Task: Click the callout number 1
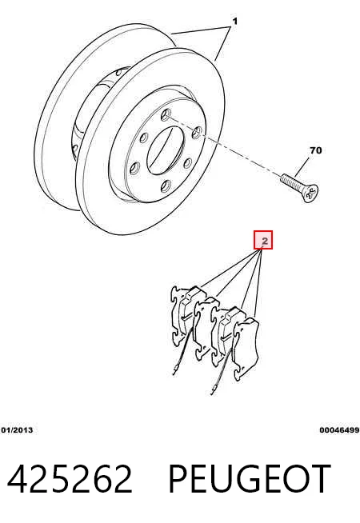235,22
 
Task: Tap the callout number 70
316,150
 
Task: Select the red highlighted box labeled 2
263,240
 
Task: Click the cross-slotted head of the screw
310,194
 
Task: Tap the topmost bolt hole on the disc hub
166,114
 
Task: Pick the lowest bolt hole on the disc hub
166,186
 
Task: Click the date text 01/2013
17,430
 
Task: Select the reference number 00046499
339,430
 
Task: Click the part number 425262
70,479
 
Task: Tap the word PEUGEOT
250,479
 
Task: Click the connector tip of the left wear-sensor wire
175,370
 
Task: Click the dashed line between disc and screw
223,146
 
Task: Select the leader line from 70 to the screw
302,166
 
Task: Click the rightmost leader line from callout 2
258,284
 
